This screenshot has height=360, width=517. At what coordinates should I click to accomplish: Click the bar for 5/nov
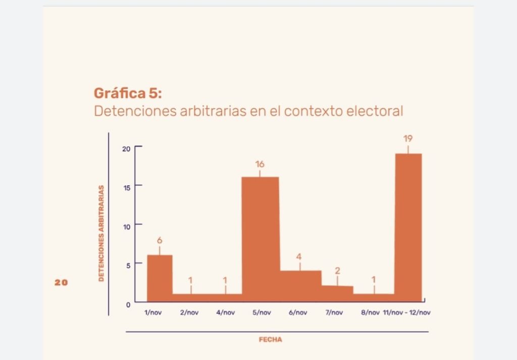[x=261, y=239]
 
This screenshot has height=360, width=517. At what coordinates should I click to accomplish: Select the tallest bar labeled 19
[x=408, y=228]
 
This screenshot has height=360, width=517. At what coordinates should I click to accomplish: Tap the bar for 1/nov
[x=160, y=278]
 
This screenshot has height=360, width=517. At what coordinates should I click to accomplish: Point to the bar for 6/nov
[x=300, y=286]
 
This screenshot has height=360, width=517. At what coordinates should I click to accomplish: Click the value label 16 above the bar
[x=260, y=164]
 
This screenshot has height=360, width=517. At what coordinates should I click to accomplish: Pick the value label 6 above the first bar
[x=160, y=240]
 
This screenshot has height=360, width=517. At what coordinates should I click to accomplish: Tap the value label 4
[x=299, y=256]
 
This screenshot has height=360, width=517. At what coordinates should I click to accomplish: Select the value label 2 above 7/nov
[x=337, y=271]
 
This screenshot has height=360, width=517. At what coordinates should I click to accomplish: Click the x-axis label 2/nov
[x=189, y=313]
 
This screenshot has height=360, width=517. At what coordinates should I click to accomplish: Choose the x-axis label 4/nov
[x=226, y=313]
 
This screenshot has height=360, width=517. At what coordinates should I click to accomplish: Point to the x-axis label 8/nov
[x=370, y=313]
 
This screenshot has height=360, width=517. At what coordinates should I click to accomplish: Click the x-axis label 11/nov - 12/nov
[x=407, y=313]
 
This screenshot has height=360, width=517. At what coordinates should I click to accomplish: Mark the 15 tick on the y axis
[x=127, y=188]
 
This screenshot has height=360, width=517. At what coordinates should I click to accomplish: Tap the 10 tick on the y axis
[x=127, y=227]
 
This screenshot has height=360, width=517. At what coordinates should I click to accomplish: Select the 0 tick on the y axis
[x=128, y=305]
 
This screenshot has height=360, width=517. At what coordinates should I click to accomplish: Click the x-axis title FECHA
[x=271, y=340]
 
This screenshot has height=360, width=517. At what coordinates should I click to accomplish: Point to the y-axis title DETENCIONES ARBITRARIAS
[x=101, y=233]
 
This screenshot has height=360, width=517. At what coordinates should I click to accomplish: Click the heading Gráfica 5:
[x=128, y=93]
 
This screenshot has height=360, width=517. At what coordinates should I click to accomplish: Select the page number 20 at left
[x=61, y=283]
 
